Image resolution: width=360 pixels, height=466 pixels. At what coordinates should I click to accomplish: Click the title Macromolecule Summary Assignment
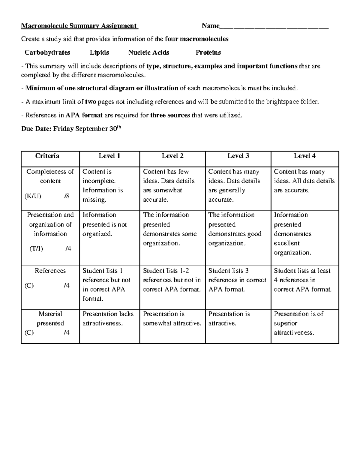[79, 26]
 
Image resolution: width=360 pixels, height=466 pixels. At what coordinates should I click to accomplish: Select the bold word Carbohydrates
[47, 53]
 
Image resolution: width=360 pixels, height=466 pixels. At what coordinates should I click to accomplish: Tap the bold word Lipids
[99, 53]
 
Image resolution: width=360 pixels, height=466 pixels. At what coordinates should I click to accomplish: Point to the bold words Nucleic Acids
[148, 53]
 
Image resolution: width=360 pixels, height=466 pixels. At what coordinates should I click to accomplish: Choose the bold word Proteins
[208, 53]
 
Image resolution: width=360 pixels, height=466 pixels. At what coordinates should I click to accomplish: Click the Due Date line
[71, 129]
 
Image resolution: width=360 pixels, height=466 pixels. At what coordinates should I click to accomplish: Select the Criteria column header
[47, 156]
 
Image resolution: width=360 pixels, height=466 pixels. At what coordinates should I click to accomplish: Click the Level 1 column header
[109, 156]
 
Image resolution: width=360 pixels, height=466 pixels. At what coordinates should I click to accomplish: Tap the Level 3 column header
[238, 156]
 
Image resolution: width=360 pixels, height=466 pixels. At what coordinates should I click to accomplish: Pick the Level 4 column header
[305, 156]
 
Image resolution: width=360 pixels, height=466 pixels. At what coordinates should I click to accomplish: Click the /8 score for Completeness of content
[67, 196]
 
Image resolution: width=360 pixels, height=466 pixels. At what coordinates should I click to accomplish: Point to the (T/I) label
[36, 248]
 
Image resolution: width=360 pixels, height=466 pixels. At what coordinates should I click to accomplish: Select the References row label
[50, 271]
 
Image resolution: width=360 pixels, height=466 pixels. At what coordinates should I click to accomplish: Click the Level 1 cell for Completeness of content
[103, 185]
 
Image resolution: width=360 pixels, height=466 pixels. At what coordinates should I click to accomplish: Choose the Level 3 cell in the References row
[237, 280]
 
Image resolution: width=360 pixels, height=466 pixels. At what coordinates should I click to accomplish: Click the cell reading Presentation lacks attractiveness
[108, 318]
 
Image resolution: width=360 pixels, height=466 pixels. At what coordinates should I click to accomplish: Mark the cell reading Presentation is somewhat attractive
[172, 318]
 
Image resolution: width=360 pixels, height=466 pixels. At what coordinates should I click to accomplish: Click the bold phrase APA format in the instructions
[84, 115]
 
